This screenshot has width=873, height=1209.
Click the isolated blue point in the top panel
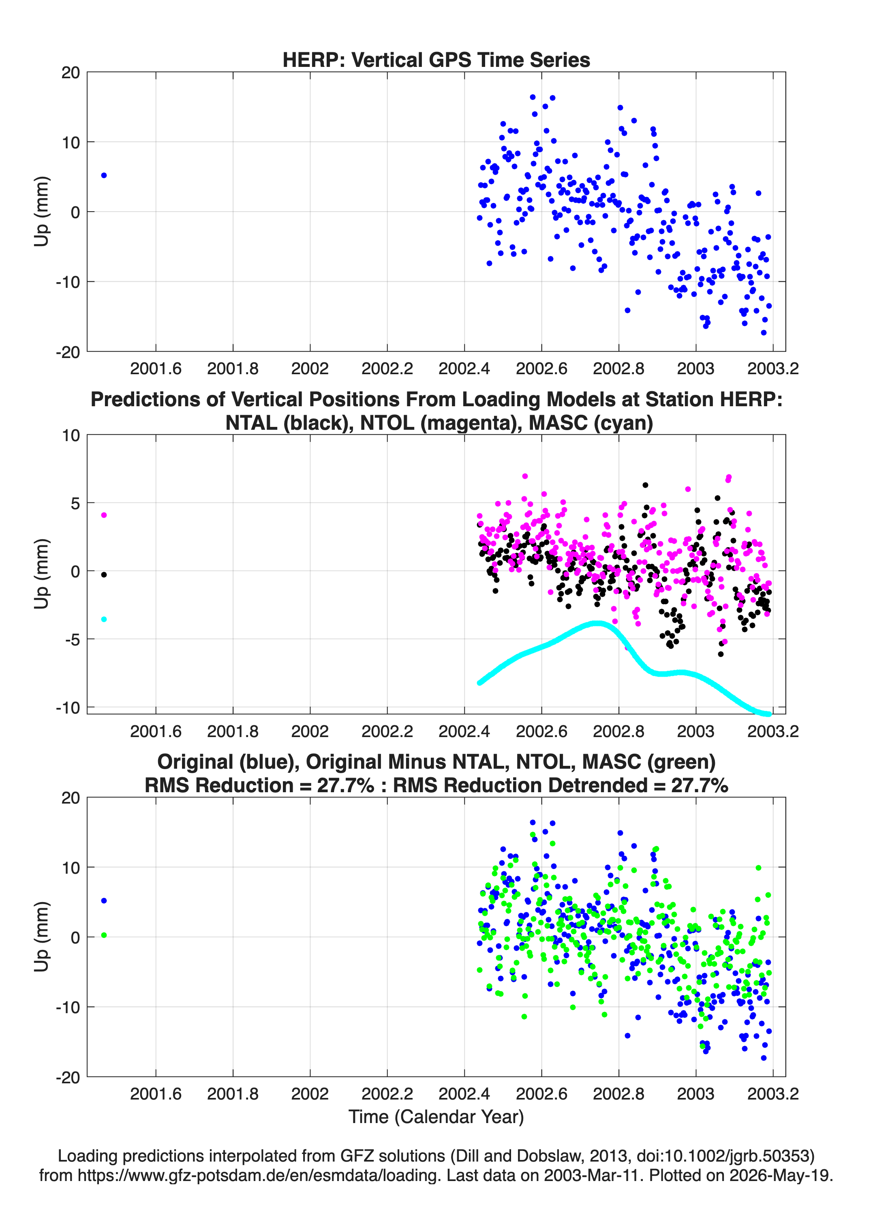coord(104,176)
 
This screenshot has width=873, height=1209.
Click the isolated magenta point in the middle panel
coord(104,515)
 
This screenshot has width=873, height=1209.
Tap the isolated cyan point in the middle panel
coord(104,619)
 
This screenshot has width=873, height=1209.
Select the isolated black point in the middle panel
coord(104,574)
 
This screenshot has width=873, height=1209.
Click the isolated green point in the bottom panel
coord(104,935)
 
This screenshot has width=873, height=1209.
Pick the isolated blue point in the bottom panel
coord(104,900)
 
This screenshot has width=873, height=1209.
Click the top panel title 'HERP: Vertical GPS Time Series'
coord(436,60)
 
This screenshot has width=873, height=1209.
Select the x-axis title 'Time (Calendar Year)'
coord(436,1116)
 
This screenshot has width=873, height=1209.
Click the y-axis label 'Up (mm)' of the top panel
coord(41,211)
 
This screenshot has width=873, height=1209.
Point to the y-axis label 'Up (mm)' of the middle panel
coord(41,574)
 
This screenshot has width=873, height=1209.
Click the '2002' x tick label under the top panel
coord(310,369)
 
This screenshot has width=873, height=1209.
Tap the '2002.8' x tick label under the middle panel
coord(618,731)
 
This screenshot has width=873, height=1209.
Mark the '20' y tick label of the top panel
coord(71,73)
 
